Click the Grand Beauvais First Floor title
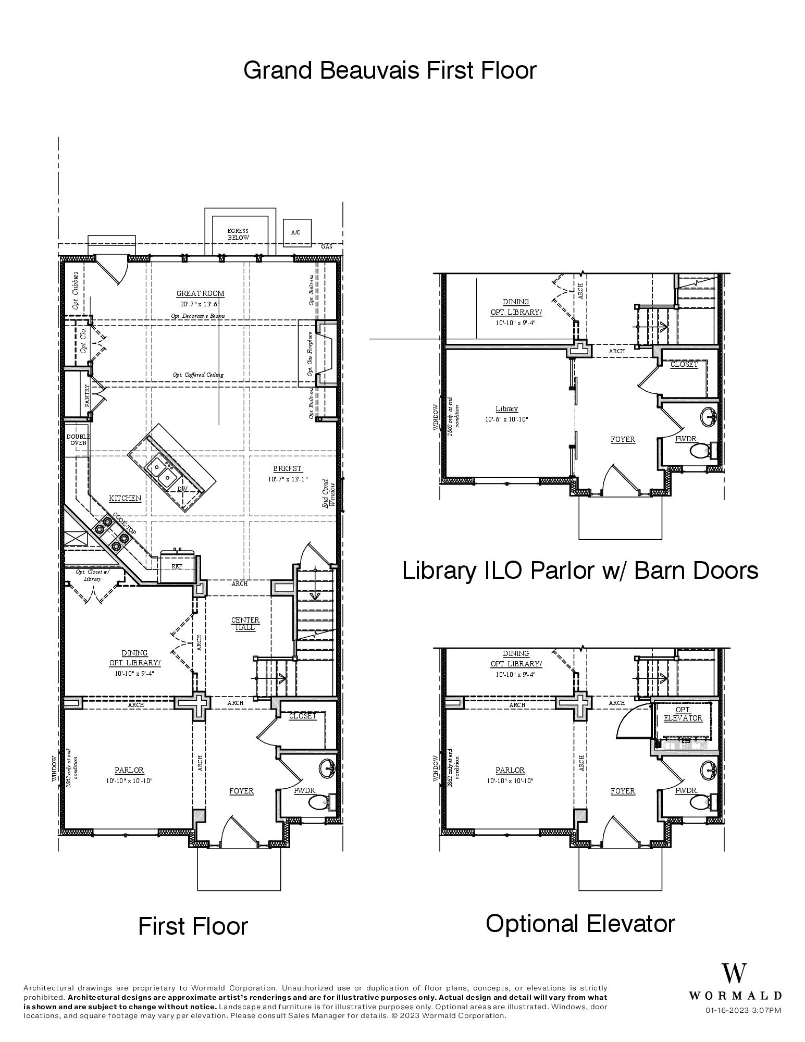(x=390, y=70)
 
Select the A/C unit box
(x=295, y=232)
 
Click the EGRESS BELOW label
(x=238, y=234)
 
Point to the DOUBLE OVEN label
(x=78, y=439)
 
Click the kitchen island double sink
(x=161, y=469)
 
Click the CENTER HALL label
(x=245, y=624)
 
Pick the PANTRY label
(x=88, y=396)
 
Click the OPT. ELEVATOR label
(x=683, y=714)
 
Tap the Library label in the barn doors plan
(x=506, y=409)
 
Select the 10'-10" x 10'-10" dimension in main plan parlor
(x=129, y=780)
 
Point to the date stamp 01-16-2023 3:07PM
(x=743, y=1010)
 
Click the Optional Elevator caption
(x=580, y=923)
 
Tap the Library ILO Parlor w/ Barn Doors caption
(x=580, y=570)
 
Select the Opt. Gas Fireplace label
(x=309, y=354)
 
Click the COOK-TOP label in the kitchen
(x=124, y=524)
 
